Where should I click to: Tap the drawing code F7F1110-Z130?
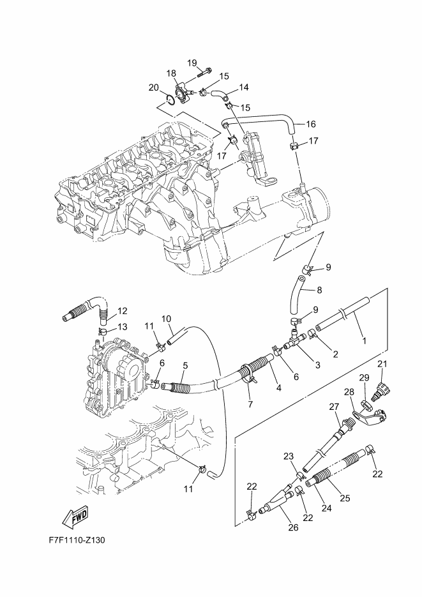pos(77,541)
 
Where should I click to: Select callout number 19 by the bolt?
pos(192,63)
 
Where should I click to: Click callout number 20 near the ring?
pos(153,88)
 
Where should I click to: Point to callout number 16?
pos(311,124)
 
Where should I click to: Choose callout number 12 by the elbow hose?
pos(122,311)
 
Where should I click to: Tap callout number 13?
pos(122,327)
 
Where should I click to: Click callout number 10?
pos(166,319)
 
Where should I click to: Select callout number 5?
pos(185,365)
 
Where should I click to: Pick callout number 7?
pos(250,404)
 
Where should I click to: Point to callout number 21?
pos(382,364)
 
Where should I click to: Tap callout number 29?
pos(364,378)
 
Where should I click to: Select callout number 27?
pos(334,407)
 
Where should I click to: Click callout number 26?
pos(294,527)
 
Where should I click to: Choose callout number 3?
pos(318,365)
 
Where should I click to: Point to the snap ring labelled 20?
pos(171,98)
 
